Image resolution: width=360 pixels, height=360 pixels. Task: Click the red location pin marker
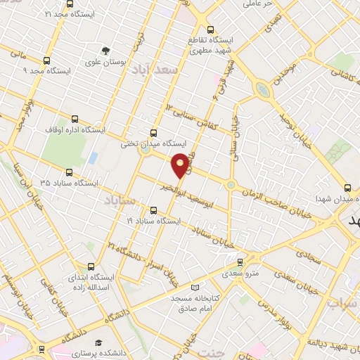coord(181,165)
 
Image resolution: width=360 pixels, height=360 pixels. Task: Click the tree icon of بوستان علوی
coord(105,50)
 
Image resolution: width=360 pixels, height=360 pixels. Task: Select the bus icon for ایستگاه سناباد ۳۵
coord(68,171)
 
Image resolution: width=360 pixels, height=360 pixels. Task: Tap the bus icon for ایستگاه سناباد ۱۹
coord(154,209)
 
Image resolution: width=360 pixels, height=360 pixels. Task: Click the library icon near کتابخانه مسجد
coord(196,287)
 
